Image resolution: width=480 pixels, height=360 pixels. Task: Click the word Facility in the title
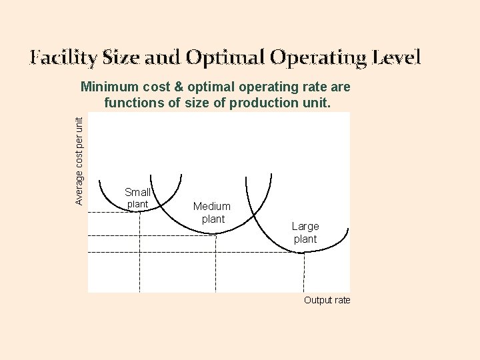(63, 58)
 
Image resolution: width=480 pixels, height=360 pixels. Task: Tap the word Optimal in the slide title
(224, 58)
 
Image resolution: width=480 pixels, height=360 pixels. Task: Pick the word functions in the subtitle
(132, 103)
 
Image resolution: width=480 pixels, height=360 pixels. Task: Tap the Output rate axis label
(327, 300)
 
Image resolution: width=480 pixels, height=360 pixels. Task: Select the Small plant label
(137, 197)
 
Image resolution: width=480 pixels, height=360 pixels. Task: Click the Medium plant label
(212, 213)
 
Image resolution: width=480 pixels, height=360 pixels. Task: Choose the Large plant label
(305, 233)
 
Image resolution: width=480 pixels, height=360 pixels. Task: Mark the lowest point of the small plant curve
(140, 211)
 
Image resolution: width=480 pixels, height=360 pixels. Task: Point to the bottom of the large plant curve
(304, 252)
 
